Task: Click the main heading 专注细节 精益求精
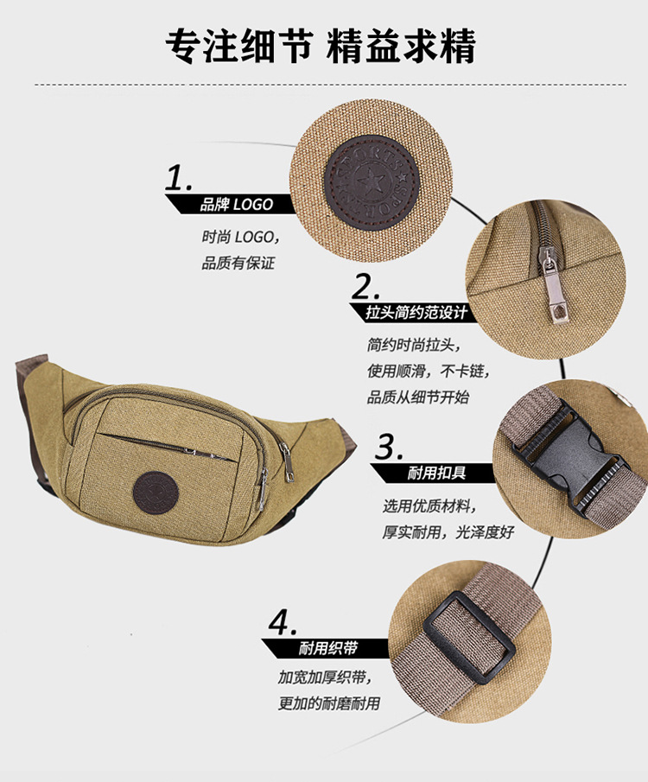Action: coord(321,47)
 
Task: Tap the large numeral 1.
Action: coord(179,178)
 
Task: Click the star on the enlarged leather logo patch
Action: coord(370,181)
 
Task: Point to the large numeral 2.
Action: coord(365,287)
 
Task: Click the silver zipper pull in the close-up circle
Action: coord(552,285)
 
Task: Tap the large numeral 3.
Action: coord(388,447)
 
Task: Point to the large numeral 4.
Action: coord(283,622)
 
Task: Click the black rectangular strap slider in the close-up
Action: coord(469,638)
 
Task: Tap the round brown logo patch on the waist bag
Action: coord(156,493)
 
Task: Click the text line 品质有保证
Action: coord(238,263)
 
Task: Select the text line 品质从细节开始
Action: coord(418,397)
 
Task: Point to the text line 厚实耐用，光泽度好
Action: coord(448,532)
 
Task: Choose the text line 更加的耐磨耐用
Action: coord(329,703)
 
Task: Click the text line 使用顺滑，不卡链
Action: coord(428,371)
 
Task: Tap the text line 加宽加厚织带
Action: coord(324,677)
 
